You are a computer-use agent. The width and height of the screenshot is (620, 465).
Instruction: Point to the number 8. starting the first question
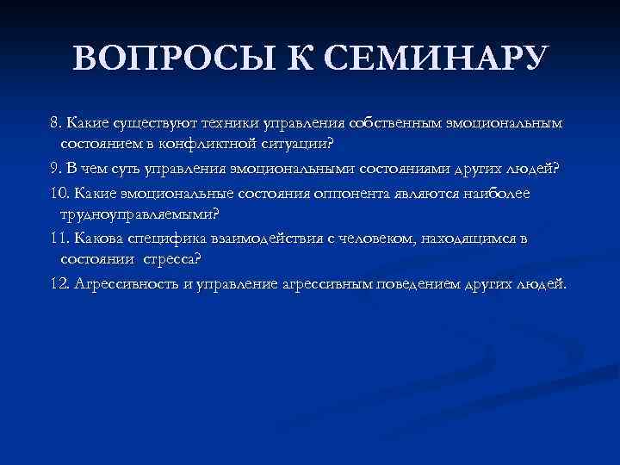(x=56, y=123)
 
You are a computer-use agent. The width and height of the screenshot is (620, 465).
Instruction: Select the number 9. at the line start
(x=56, y=168)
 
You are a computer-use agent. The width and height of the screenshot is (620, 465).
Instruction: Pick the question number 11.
(x=59, y=239)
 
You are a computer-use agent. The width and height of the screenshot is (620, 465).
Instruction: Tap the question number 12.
(x=59, y=283)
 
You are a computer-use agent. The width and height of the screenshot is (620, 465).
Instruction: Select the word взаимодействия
(x=259, y=239)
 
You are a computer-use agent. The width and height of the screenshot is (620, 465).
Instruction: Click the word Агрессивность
(x=121, y=283)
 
